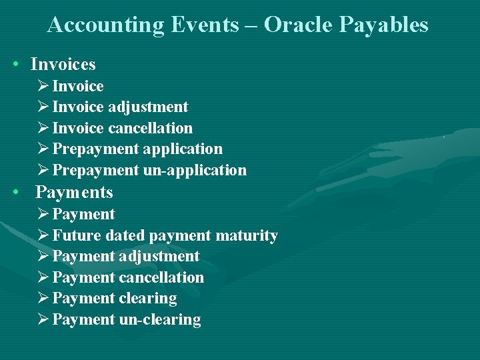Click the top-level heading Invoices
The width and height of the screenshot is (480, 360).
pyautogui.click(x=63, y=65)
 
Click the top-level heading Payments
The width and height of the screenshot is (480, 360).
pyautogui.click(x=74, y=193)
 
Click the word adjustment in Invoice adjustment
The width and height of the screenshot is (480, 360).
pyautogui.click(x=148, y=107)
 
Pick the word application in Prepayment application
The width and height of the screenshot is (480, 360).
pyautogui.click(x=182, y=149)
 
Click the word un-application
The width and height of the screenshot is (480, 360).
pyautogui.click(x=195, y=170)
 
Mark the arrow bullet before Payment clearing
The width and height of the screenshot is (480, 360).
pyautogui.click(x=43, y=298)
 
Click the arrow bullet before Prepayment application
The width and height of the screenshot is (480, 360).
pyautogui.click(x=43, y=149)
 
